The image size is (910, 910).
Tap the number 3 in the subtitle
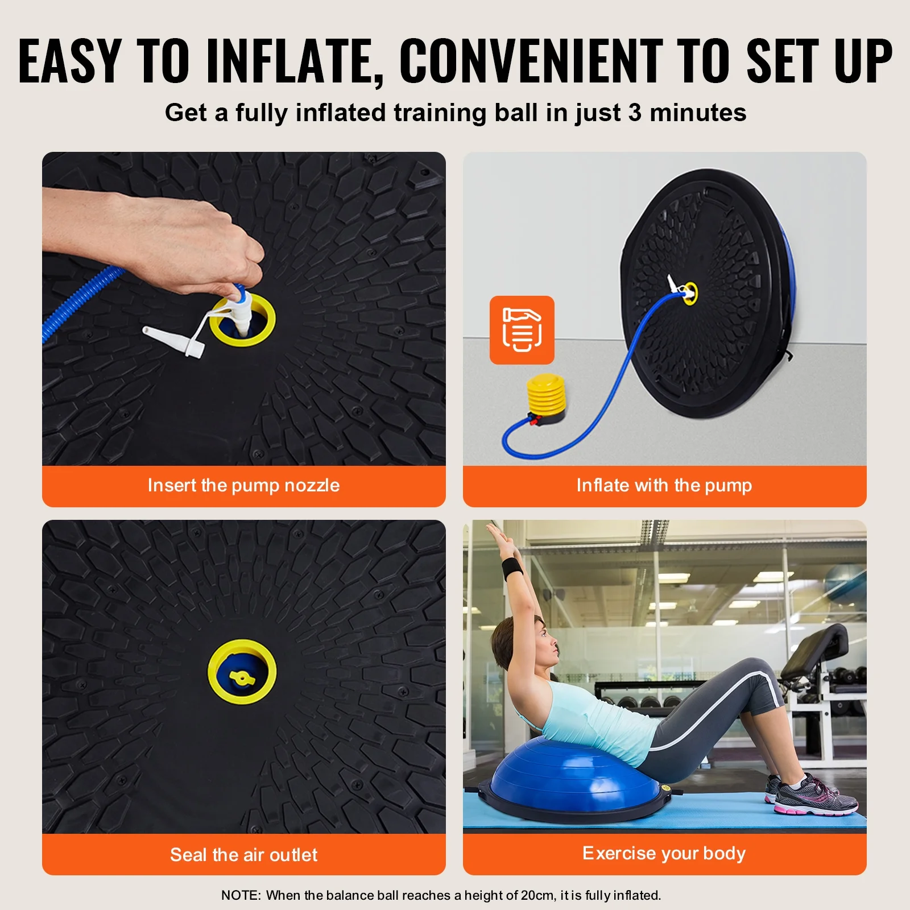point(635,113)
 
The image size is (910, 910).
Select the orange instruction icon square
point(522,330)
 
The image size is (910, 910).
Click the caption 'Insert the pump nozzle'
point(243,485)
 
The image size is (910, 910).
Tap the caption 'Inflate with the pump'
point(664,485)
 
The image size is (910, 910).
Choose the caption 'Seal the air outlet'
point(243,854)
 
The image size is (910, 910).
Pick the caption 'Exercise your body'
point(664,853)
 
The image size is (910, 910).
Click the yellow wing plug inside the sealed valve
point(241,677)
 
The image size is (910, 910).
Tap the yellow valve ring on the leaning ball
point(690,293)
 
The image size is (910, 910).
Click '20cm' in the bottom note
point(537,895)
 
